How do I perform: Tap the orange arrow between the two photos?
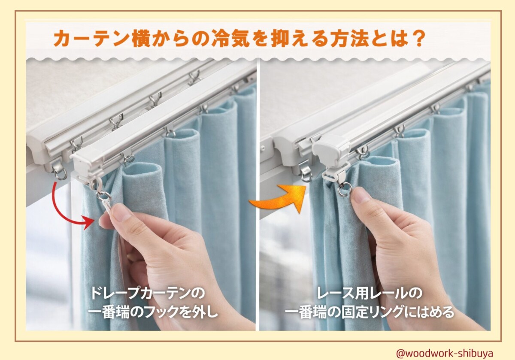click(x=279, y=198)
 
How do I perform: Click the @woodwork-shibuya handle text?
click(x=445, y=353)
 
